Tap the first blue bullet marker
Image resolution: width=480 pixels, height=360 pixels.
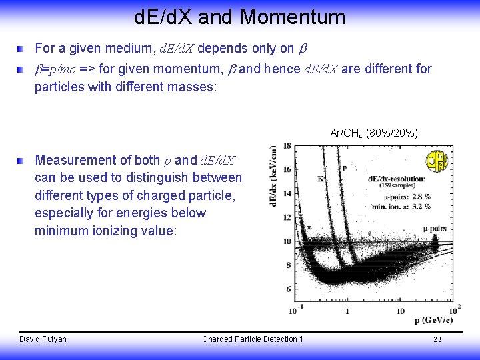[x=22, y=49]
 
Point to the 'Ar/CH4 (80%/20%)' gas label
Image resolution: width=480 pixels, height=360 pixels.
[x=374, y=134]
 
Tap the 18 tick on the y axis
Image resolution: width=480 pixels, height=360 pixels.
[x=287, y=145]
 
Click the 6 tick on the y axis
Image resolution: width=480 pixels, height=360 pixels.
[x=287, y=289]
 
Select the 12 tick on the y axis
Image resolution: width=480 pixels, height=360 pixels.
[x=287, y=217]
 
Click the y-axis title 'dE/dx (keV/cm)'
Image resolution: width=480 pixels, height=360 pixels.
[x=273, y=176]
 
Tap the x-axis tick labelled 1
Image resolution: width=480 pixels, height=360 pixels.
[x=347, y=311]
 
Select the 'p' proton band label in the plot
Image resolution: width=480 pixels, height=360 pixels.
[x=344, y=168]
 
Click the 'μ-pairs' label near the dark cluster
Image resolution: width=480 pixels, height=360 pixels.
[x=435, y=228]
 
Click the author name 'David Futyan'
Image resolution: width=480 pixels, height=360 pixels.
[x=43, y=339]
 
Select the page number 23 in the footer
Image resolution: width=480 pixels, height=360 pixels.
[x=437, y=339]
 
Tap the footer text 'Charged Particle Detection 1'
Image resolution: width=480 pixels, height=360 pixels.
[x=252, y=339]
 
